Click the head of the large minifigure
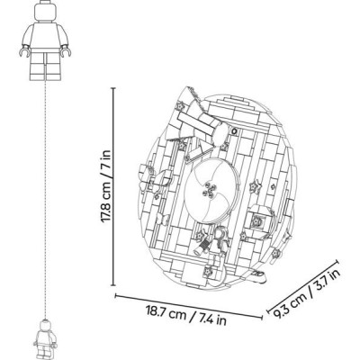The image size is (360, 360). pos(46,11)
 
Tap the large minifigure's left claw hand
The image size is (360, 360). pos(24,51)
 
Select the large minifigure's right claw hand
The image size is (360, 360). pos(66,51)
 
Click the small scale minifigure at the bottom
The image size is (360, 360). pos(44,339)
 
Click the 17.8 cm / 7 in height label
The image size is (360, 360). pos(106,186)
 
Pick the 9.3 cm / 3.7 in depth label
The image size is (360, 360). pos(307,293)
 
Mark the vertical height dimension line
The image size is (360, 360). pos(113,186)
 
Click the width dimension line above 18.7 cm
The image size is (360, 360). pos(189,306)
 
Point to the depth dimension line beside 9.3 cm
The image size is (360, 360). pos(303,286)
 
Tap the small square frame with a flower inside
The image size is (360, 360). pos(257,222)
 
